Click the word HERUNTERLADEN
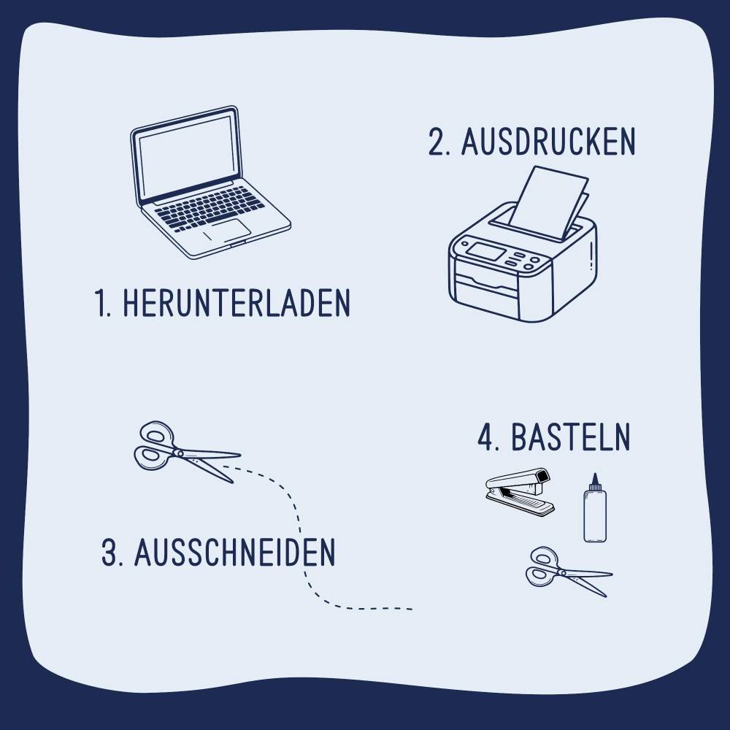pyautogui.click(x=237, y=303)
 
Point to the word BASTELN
pyautogui.click(x=570, y=437)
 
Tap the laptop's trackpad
pyautogui.click(x=228, y=231)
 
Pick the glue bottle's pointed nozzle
pyautogui.click(x=595, y=479)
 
